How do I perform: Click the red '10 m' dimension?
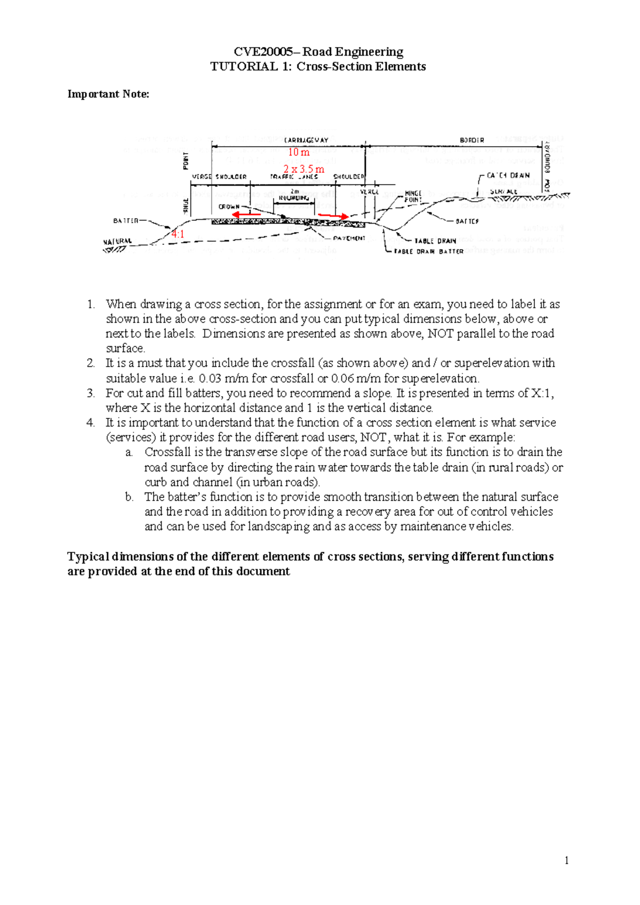(299, 152)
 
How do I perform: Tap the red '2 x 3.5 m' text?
(303, 169)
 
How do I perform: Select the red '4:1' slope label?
(178, 234)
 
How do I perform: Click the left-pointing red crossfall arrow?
(246, 215)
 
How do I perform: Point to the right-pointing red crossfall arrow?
(333, 216)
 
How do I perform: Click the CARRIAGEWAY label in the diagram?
(306, 140)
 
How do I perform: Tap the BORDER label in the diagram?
(472, 140)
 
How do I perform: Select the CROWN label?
(229, 207)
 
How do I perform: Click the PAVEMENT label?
(349, 239)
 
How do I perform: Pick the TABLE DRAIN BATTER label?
(429, 251)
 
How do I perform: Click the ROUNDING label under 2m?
(294, 198)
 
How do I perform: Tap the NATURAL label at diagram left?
(117, 241)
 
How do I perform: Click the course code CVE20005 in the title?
(263, 52)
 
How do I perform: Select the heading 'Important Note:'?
(108, 94)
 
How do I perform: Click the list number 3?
(91, 393)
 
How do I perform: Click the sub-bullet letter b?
(129, 497)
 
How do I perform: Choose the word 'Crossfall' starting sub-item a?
(168, 452)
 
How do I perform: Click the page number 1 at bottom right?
(566, 860)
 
